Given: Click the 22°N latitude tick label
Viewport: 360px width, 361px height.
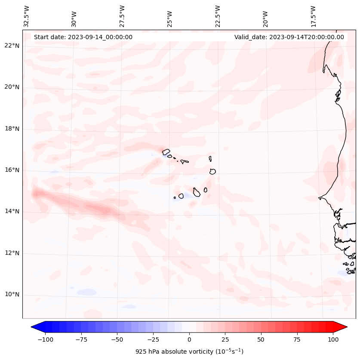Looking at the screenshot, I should pos(12,46).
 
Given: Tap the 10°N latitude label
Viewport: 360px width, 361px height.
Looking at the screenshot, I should pos(12,295).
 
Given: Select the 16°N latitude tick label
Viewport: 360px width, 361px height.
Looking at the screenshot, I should pos(12,170).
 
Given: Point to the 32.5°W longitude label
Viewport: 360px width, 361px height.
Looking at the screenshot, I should pos(27,16).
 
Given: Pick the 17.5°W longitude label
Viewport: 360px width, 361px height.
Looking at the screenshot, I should pos(313,16).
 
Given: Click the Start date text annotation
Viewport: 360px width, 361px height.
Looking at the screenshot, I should pos(83,37).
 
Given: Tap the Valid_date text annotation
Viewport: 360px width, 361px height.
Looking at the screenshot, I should pos(289,37).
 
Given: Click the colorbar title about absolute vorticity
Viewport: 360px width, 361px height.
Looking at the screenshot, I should pos(189,352).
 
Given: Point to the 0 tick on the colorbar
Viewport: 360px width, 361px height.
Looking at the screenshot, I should pos(189,339).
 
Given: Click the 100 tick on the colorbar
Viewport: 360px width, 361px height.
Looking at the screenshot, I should pos(333,339).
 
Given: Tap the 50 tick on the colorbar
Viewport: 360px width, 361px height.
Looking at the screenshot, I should pos(261,339).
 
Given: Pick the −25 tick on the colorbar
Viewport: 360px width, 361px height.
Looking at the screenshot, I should pos(153,339).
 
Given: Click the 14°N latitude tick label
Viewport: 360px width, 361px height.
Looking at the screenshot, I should pos(12,211).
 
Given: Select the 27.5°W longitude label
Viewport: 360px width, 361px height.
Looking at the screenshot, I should pos(122,16).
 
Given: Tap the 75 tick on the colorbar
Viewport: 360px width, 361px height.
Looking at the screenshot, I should pos(297,339).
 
